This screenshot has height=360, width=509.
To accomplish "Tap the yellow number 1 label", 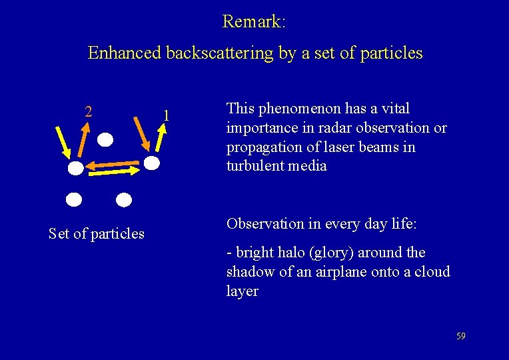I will point(167,116).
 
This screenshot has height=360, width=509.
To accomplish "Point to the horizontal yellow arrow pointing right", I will point(113,171).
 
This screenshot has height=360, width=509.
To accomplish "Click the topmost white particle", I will point(106,139).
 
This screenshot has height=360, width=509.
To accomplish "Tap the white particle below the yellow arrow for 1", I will point(153,163).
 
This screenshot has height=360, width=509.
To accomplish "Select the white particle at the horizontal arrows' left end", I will point(77,169).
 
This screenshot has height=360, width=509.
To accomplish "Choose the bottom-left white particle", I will point(74,199).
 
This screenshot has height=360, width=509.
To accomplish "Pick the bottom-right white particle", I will point(124,199).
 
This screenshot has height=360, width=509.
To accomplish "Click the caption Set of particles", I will point(97,233).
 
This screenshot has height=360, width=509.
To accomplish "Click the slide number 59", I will point(460,336).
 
